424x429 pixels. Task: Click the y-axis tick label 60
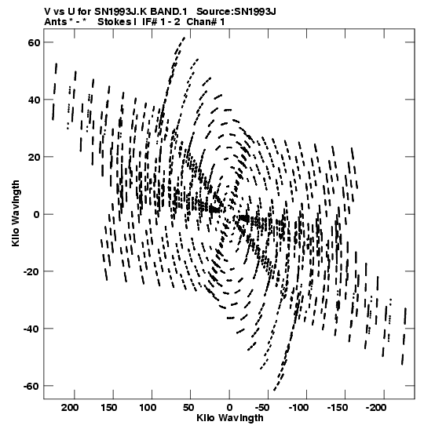(34, 43)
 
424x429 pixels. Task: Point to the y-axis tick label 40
(34, 100)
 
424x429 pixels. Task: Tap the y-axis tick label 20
(34, 158)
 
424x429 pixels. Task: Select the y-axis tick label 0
(37, 215)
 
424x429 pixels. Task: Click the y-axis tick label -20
(31, 271)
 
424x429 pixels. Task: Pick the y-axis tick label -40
(31, 329)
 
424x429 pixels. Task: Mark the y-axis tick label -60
(31, 386)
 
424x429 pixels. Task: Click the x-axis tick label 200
(71, 408)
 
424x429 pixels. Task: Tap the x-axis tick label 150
(109, 408)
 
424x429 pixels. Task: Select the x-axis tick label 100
(148, 408)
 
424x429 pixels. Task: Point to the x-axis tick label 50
(188, 408)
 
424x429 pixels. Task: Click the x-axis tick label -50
(263, 408)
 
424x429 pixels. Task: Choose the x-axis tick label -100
(299, 408)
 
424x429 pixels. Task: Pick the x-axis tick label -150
(338, 408)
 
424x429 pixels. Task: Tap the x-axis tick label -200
(376, 408)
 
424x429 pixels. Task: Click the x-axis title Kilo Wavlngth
(230, 418)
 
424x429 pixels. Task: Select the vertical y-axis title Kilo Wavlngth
(16, 213)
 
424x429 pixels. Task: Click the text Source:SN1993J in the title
(236, 12)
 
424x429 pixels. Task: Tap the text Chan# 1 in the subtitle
(206, 22)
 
